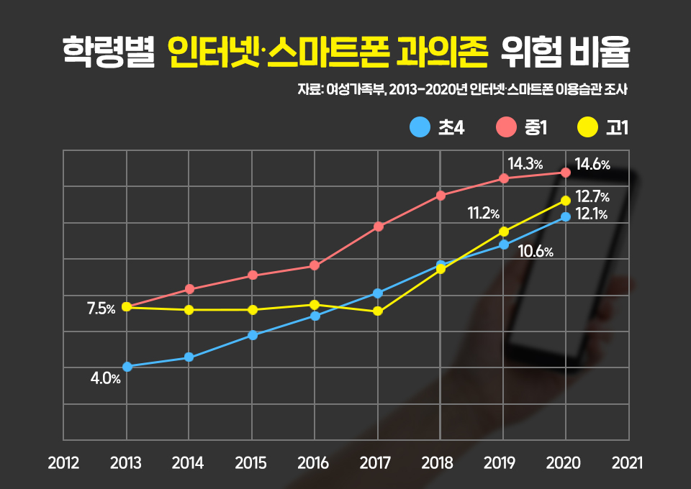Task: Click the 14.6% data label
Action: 592,165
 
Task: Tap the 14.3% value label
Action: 525,163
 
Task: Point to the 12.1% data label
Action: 592,214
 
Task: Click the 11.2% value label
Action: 484,213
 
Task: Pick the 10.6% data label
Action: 536,252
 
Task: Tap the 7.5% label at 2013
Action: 101,309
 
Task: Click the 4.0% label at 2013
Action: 105,378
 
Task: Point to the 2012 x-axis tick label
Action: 63,463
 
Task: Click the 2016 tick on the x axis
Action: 314,463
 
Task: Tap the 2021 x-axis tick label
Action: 628,463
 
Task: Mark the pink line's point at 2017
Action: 378,227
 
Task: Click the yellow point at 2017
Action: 378,311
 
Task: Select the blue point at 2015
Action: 252,335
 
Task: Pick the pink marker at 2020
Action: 566,173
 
